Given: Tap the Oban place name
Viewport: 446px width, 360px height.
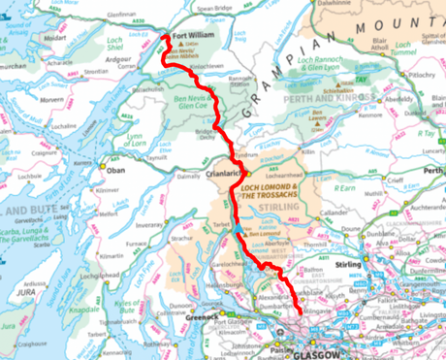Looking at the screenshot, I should click(117, 168).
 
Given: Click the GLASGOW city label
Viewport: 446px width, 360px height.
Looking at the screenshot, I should click(319, 353).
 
